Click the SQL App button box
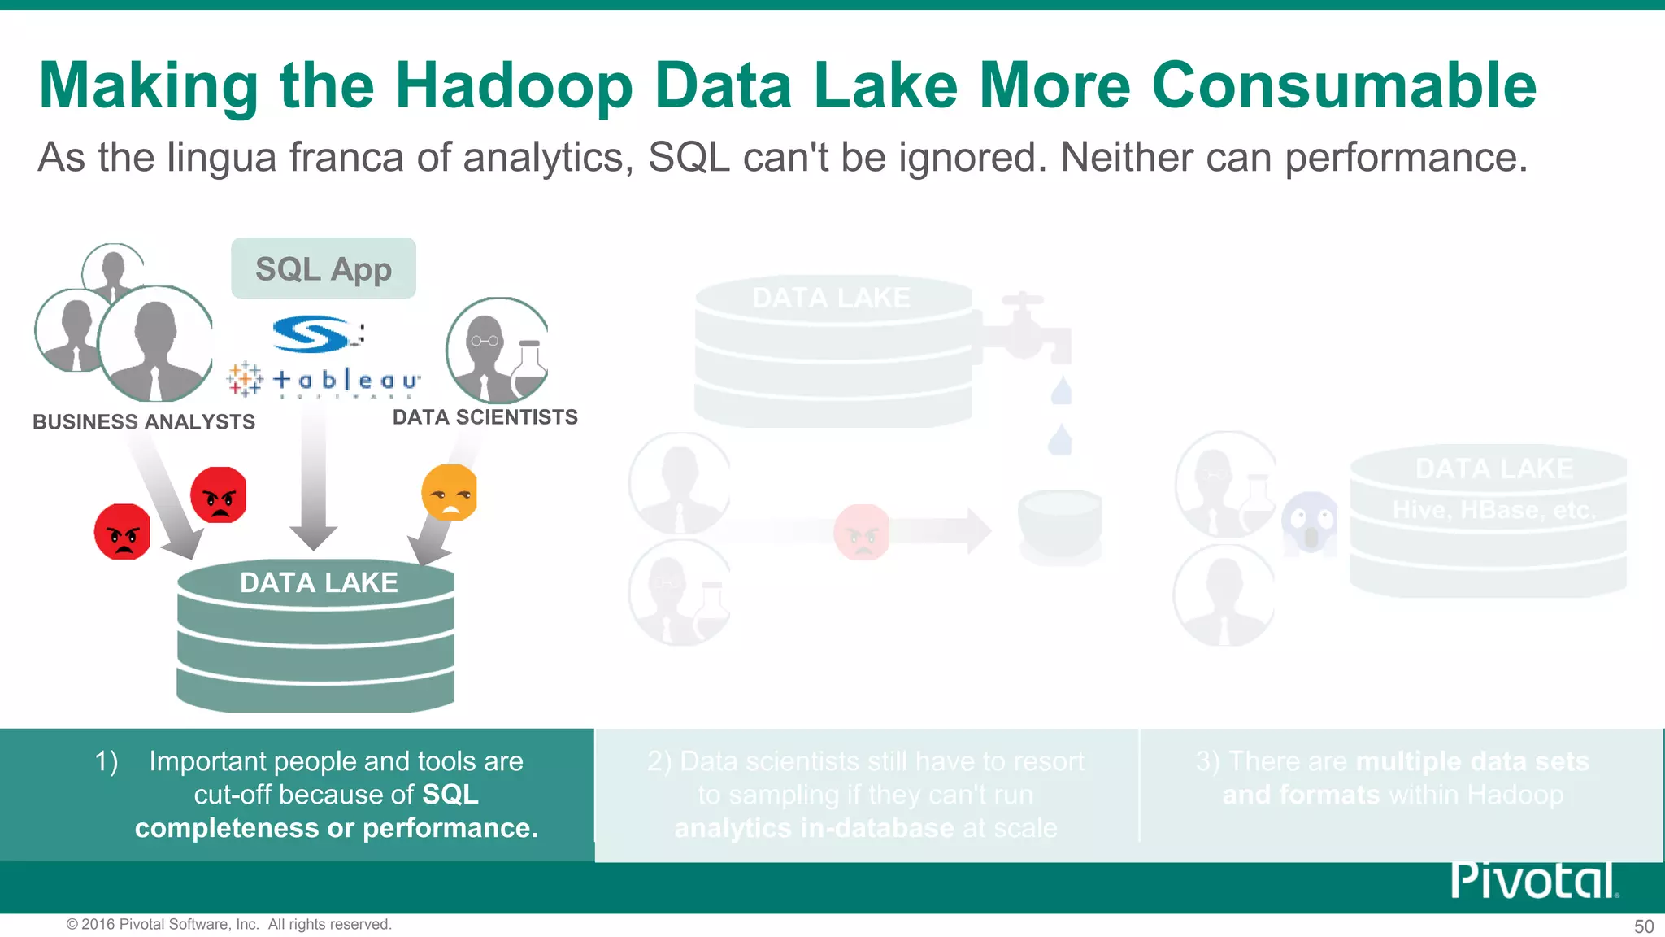pos(324,268)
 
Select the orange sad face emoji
pos(449,493)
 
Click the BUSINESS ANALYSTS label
pos(144,422)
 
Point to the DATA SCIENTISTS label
pos(485,417)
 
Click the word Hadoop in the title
pos(514,85)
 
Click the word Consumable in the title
pos(1344,85)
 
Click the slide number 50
pos(1643,926)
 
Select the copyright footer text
pos(229,925)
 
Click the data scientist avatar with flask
pos(498,351)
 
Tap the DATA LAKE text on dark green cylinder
pos(319,583)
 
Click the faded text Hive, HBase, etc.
pos(1494,510)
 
